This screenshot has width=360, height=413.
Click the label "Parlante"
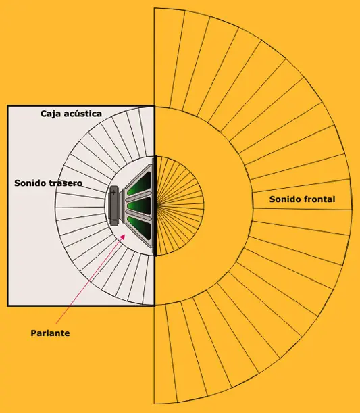pos(50,333)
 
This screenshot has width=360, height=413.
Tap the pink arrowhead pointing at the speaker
pos(122,237)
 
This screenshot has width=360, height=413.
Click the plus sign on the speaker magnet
pos(113,192)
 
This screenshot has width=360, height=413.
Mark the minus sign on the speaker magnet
pos(114,220)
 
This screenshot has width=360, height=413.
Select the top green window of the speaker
pos(140,183)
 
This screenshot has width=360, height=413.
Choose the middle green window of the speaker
pos(139,205)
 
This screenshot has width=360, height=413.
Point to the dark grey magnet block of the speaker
pos(114,205)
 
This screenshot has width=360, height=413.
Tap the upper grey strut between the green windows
pos(138,195)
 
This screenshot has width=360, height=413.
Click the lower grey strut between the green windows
pos(138,214)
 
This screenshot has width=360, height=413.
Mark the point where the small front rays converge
pos(157,205)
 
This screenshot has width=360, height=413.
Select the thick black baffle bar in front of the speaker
pos(155,205)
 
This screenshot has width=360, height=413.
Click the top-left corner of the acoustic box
pos(7,106)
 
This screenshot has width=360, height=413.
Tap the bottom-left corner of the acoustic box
pos(7,306)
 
